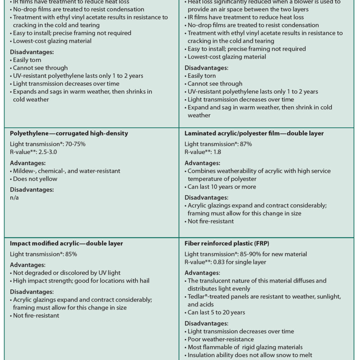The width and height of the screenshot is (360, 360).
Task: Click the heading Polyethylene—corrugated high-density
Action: click(69, 133)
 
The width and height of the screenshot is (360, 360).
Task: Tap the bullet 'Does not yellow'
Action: click(35, 179)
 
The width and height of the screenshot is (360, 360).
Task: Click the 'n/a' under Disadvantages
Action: click(14, 198)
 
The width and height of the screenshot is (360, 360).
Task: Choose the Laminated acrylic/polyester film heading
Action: click(254, 133)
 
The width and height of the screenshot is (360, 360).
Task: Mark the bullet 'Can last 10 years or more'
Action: click(222, 187)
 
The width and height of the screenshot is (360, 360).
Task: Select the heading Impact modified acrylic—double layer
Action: click(66, 243)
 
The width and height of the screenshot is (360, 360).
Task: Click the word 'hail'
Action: click(143, 281)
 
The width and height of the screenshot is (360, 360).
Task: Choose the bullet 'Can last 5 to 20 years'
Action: click(216, 312)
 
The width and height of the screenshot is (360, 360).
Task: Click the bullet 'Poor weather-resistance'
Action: click(221, 339)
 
